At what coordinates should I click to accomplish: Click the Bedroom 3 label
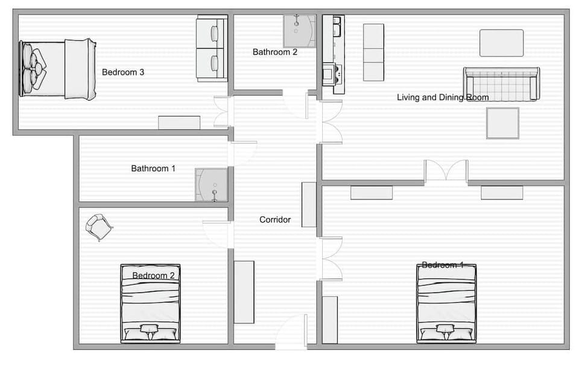(x=123, y=72)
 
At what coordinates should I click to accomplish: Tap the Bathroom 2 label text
(x=275, y=52)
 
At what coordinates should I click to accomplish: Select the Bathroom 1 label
(x=153, y=169)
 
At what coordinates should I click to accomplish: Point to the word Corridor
(x=275, y=220)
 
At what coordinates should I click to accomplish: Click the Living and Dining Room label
(x=443, y=97)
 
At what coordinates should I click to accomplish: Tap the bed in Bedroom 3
(x=57, y=69)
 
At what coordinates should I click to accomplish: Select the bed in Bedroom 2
(x=150, y=303)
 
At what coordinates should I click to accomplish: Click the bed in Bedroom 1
(x=446, y=303)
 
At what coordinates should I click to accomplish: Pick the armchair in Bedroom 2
(x=99, y=227)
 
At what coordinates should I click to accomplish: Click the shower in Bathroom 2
(x=300, y=31)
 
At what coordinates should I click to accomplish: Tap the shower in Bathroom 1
(x=210, y=185)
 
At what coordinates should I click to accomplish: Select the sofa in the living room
(x=501, y=84)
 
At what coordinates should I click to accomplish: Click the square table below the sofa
(x=503, y=123)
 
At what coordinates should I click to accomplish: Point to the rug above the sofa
(x=501, y=43)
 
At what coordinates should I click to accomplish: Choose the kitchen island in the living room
(x=373, y=52)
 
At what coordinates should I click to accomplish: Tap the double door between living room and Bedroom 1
(x=446, y=171)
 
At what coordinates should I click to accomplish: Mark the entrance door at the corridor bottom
(x=292, y=334)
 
